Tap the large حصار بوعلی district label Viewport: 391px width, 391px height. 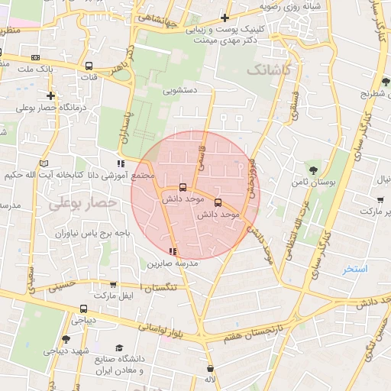[82, 204]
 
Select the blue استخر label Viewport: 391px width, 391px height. [355, 269]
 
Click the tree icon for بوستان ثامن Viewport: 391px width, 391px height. [314, 170]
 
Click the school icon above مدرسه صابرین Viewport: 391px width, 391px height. [173, 250]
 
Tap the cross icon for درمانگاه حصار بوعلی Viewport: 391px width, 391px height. [50, 95]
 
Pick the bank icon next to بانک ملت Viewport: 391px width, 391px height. [35, 57]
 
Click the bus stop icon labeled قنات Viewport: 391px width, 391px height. [89, 66]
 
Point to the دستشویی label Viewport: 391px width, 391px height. [179, 89]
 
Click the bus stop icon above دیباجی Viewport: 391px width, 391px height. [83, 309]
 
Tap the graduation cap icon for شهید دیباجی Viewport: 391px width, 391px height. [66, 338]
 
